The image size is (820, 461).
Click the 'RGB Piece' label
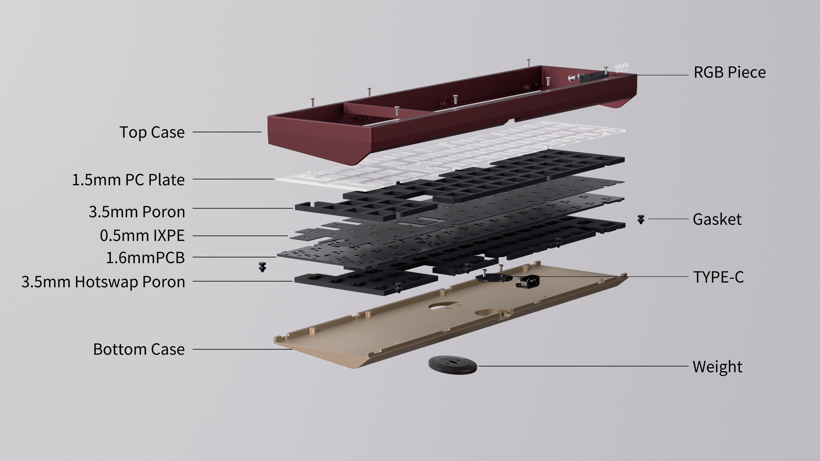(x=730, y=73)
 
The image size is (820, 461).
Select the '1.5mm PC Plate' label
(x=128, y=180)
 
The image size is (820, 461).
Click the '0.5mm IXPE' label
(x=142, y=236)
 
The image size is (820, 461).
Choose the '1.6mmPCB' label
(x=145, y=258)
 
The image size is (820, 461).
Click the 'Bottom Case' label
(x=139, y=349)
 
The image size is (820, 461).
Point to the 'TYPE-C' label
(x=718, y=277)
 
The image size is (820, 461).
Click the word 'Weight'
(x=717, y=367)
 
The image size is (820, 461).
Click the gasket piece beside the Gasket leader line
(x=641, y=219)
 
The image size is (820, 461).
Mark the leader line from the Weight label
(x=583, y=366)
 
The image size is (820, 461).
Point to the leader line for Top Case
(x=227, y=132)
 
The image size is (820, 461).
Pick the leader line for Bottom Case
(x=243, y=349)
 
